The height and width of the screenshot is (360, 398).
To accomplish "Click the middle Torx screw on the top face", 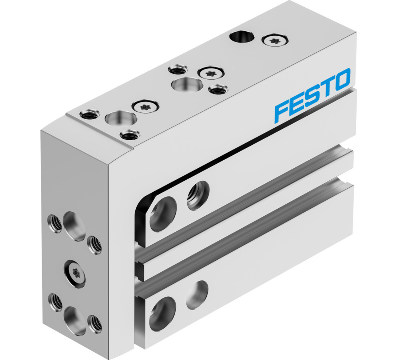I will point(210,73).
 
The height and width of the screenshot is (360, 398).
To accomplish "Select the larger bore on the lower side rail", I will point(162,313).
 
